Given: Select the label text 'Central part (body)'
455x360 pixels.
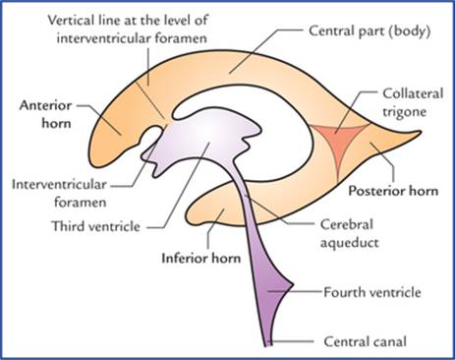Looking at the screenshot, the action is click(x=370, y=31).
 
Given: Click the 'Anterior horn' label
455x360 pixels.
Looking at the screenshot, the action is click(x=45, y=114).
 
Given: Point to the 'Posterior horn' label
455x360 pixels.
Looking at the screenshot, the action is click(x=393, y=191).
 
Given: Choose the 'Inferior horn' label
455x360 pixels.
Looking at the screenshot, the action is click(x=201, y=259).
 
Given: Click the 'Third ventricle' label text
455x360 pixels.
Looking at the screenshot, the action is click(x=95, y=226).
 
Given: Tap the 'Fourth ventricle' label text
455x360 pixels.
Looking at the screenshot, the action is click(x=372, y=292).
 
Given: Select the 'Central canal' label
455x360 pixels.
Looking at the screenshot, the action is click(x=366, y=341).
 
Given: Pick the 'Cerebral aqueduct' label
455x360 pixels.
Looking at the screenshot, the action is click(x=349, y=233).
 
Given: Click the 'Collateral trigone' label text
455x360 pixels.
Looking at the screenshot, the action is click(x=413, y=102).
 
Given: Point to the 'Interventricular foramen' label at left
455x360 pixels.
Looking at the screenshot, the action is click(x=59, y=193).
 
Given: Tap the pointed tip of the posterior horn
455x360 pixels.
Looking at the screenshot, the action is click(x=420, y=133).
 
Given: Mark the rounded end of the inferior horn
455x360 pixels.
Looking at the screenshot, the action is click(x=190, y=213).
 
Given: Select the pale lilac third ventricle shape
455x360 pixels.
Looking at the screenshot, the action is click(x=203, y=138).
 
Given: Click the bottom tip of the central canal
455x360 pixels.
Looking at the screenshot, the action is click(x=267, y=345).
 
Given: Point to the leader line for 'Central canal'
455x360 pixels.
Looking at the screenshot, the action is click(x=291, y=341).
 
